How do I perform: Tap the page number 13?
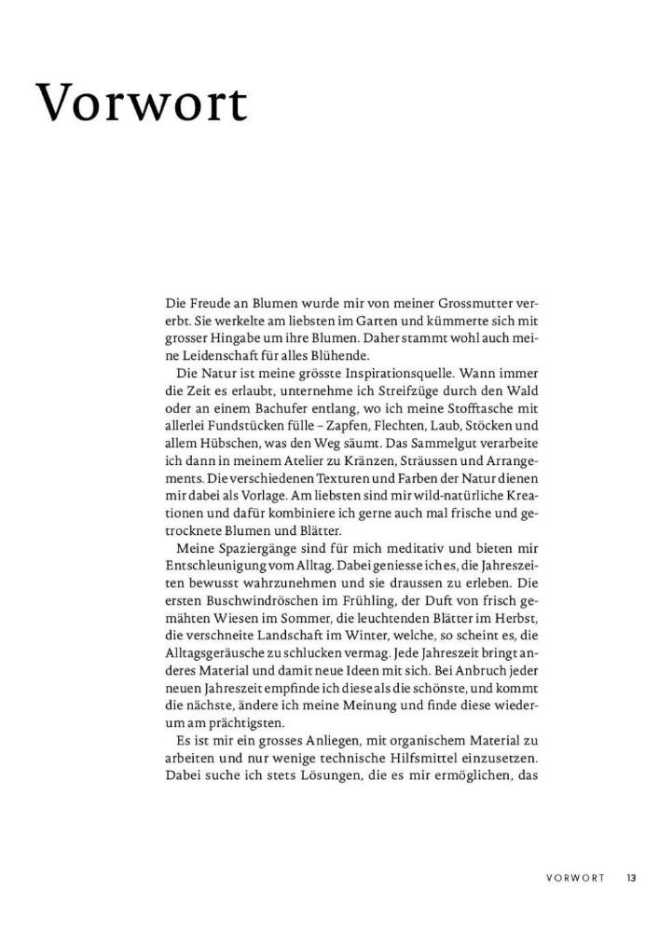click(631, 877)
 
